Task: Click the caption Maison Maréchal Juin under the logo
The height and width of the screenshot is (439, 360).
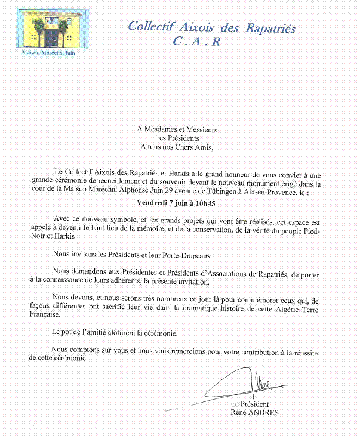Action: (x=48, y=53)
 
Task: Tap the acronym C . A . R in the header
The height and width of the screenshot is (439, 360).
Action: (x=196, y=41)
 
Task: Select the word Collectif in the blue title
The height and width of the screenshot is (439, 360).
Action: (x=151, y=27)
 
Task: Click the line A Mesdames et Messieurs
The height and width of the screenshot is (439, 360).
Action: (x=177, y=129)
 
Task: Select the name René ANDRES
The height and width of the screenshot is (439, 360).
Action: (x=254, y=412)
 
